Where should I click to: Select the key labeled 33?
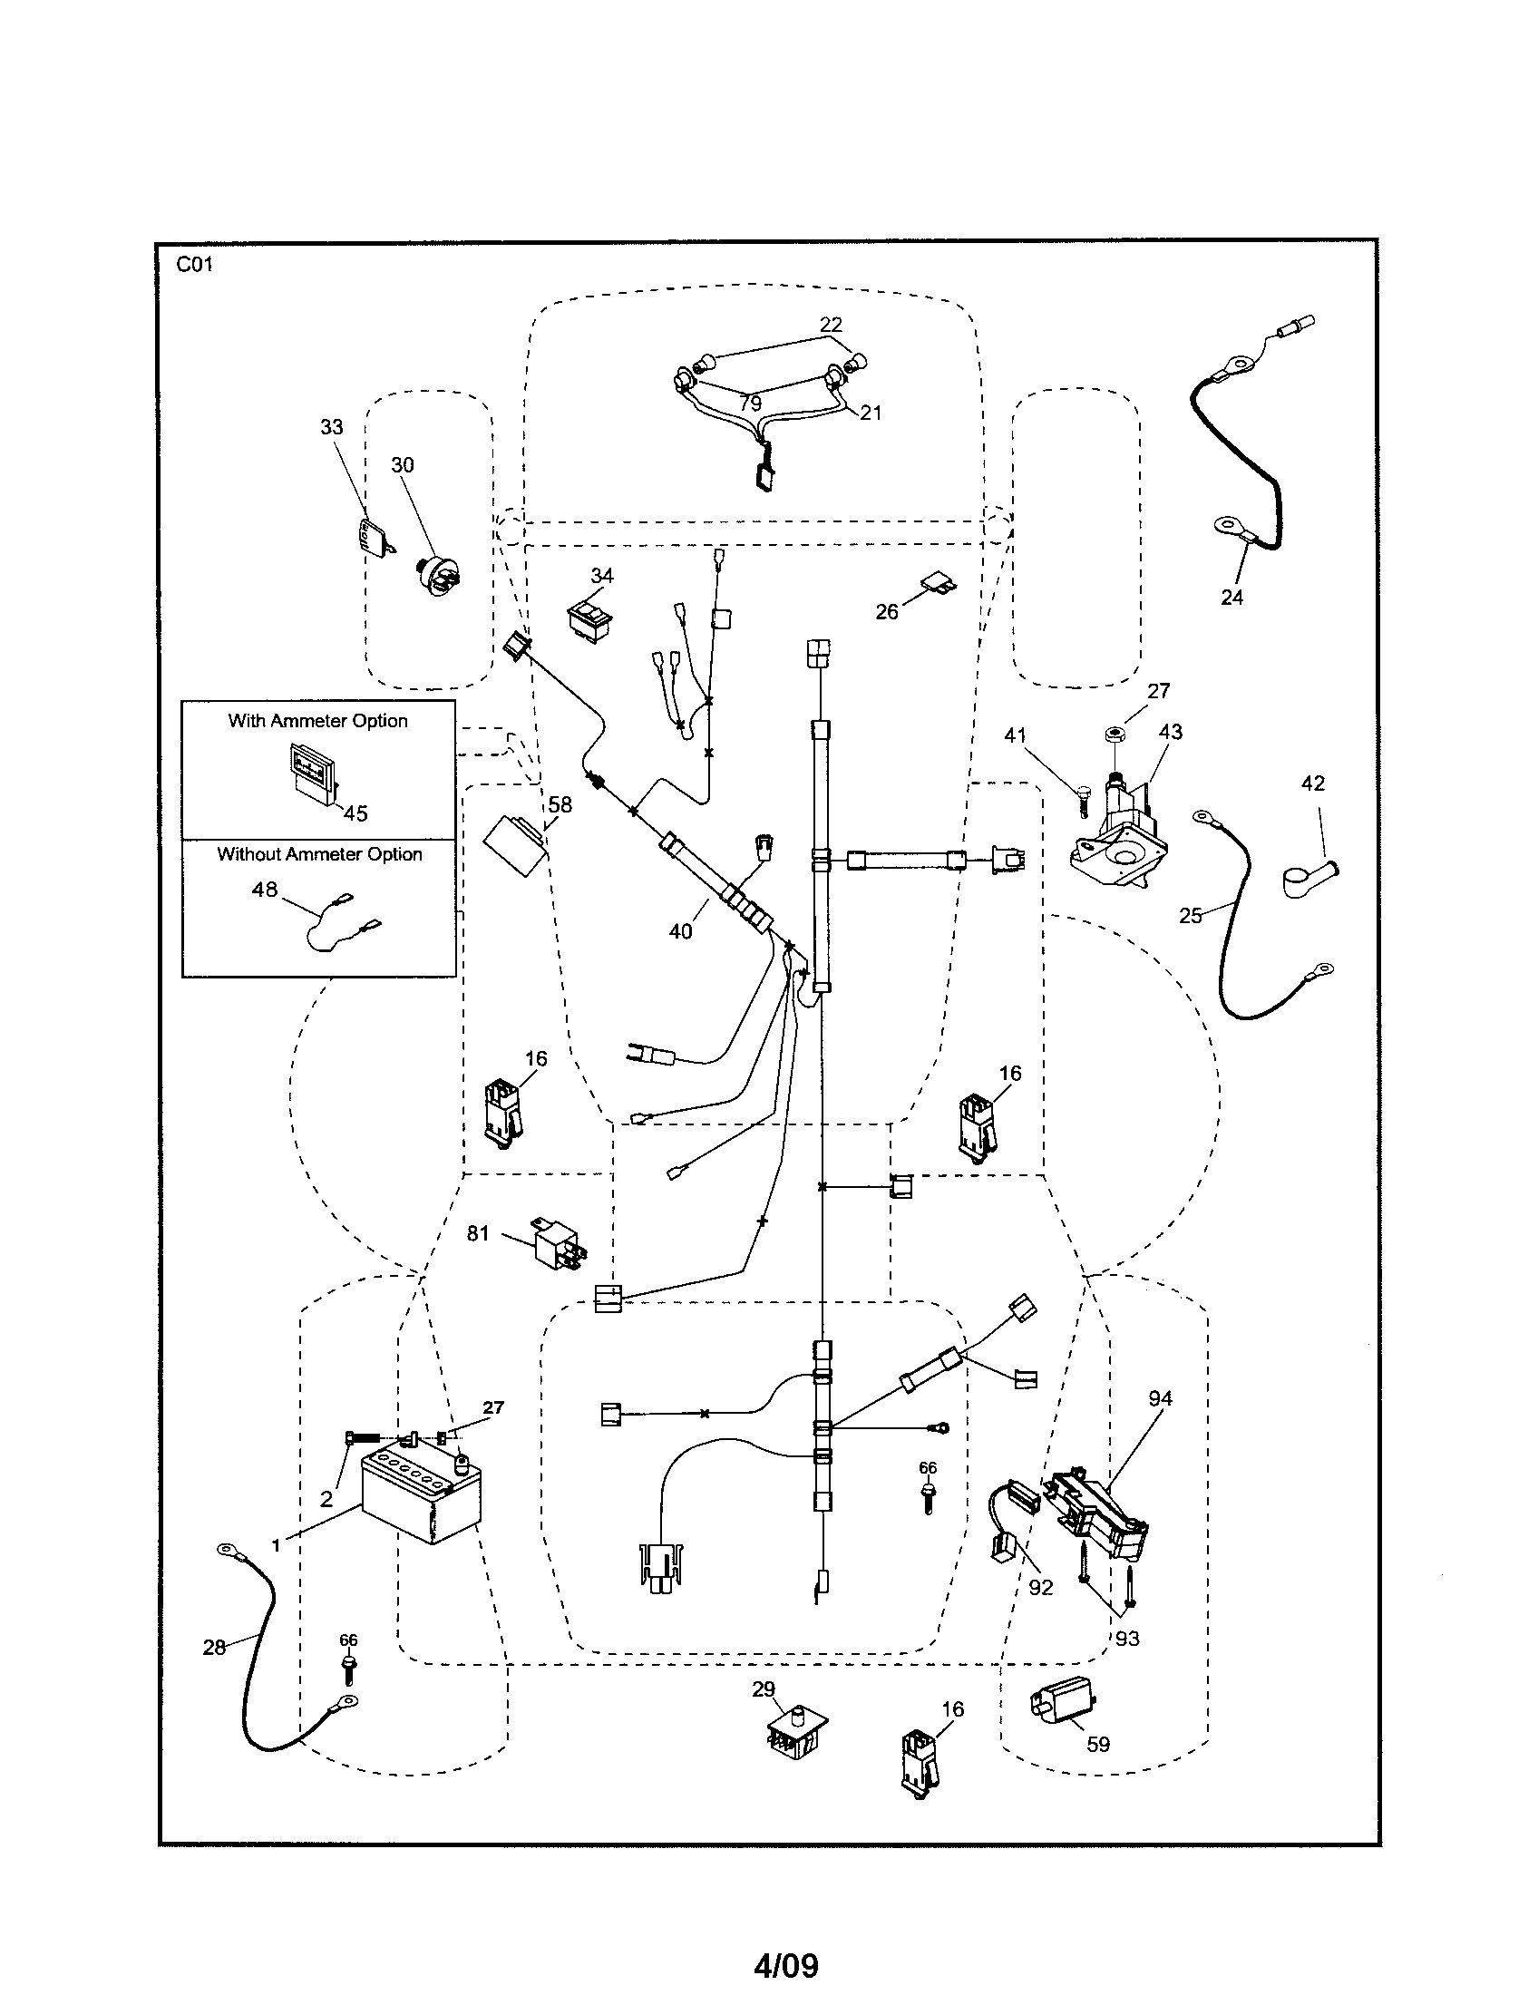click(374, 536)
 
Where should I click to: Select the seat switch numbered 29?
click(792, 1732)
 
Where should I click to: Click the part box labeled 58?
click(515, 845)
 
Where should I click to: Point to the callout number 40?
click(681, 931)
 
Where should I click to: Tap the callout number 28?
click(214, 1647)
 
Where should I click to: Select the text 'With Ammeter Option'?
click(317, 721)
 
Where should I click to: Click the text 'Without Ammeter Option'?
click(319, 854)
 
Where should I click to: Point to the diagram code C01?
click(195, 265)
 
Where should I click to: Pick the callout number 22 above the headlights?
click(830, 325)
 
